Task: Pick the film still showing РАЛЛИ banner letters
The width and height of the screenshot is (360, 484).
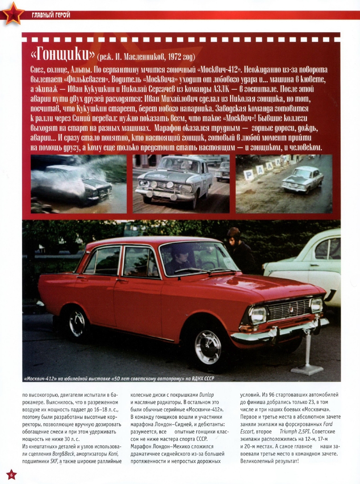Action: click(283, 184)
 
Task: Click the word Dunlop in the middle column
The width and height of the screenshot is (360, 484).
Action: click(210, 395)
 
